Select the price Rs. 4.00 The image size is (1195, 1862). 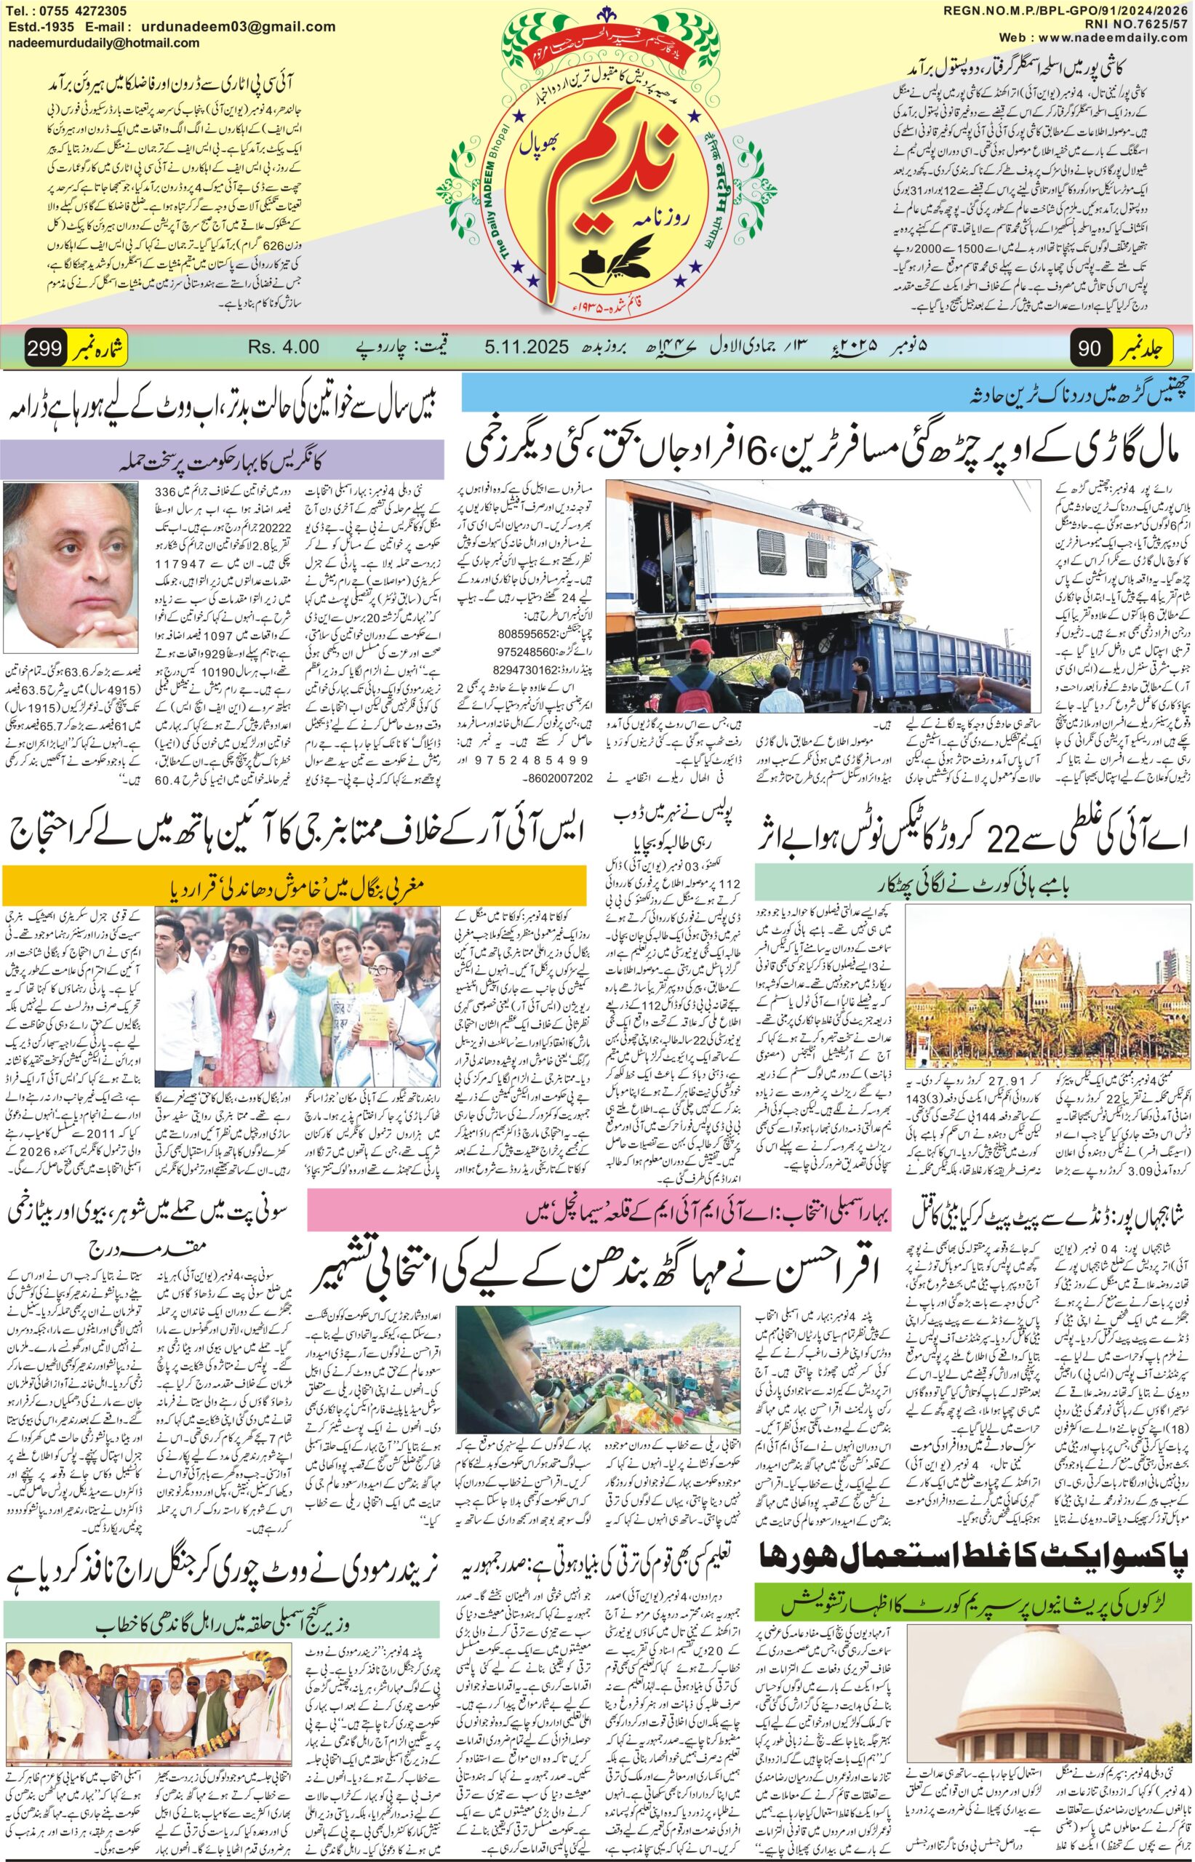pyautogui.click(x=283, y=347)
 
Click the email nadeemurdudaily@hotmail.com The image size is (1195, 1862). pyautogui.click(x=103, y=44)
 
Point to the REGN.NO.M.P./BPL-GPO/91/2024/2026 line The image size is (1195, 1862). pyautogui.click(x=1068, y=10)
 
